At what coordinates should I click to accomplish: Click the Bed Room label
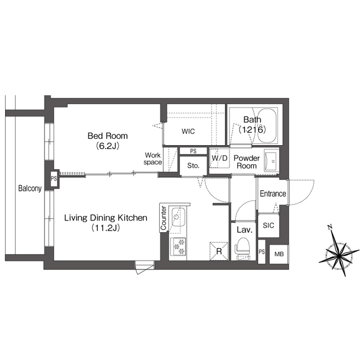click(x=107, y=136)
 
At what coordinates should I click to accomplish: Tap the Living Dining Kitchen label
click(x=106, y=218)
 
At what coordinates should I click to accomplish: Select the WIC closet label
click(x=188, y=131)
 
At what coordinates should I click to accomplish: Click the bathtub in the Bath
click(x=267, y=125)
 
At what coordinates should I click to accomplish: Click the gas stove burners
click(x=179, y=246)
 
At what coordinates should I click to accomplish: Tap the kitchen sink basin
click(x=178, y=217)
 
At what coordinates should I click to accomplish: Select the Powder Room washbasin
click(x=271, y=161)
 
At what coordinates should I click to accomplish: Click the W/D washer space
click(x=219, y=158)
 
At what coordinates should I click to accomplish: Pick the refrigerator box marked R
click(x=219, y=251)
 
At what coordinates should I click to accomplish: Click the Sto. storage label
click(x=193, y=165)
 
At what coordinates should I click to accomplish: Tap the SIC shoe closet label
click(x=268, y=225)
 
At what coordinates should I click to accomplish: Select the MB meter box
click(x=279, y=254)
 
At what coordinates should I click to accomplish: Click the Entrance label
click(x=273, y=193)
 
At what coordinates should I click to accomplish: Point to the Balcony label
click(x=30, y=188)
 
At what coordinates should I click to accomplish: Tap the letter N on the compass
click(x=330, y=227)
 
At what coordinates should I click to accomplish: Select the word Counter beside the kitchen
click(x=164, y=218)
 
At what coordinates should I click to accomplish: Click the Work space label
click(x=153, y=159)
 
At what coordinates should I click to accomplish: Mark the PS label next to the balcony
click(x=54, y=178)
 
